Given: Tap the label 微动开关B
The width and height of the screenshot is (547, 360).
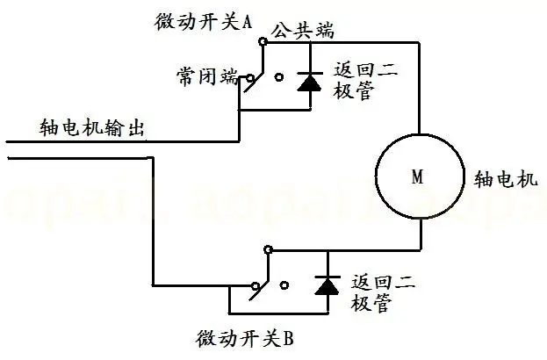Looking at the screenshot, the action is pos(248,337).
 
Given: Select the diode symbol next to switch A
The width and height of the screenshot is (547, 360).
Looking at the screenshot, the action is pos(310,82).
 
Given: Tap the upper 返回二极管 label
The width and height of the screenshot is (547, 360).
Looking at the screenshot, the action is pos(362,83).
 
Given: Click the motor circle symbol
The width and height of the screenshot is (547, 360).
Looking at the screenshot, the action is pos(418,176).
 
